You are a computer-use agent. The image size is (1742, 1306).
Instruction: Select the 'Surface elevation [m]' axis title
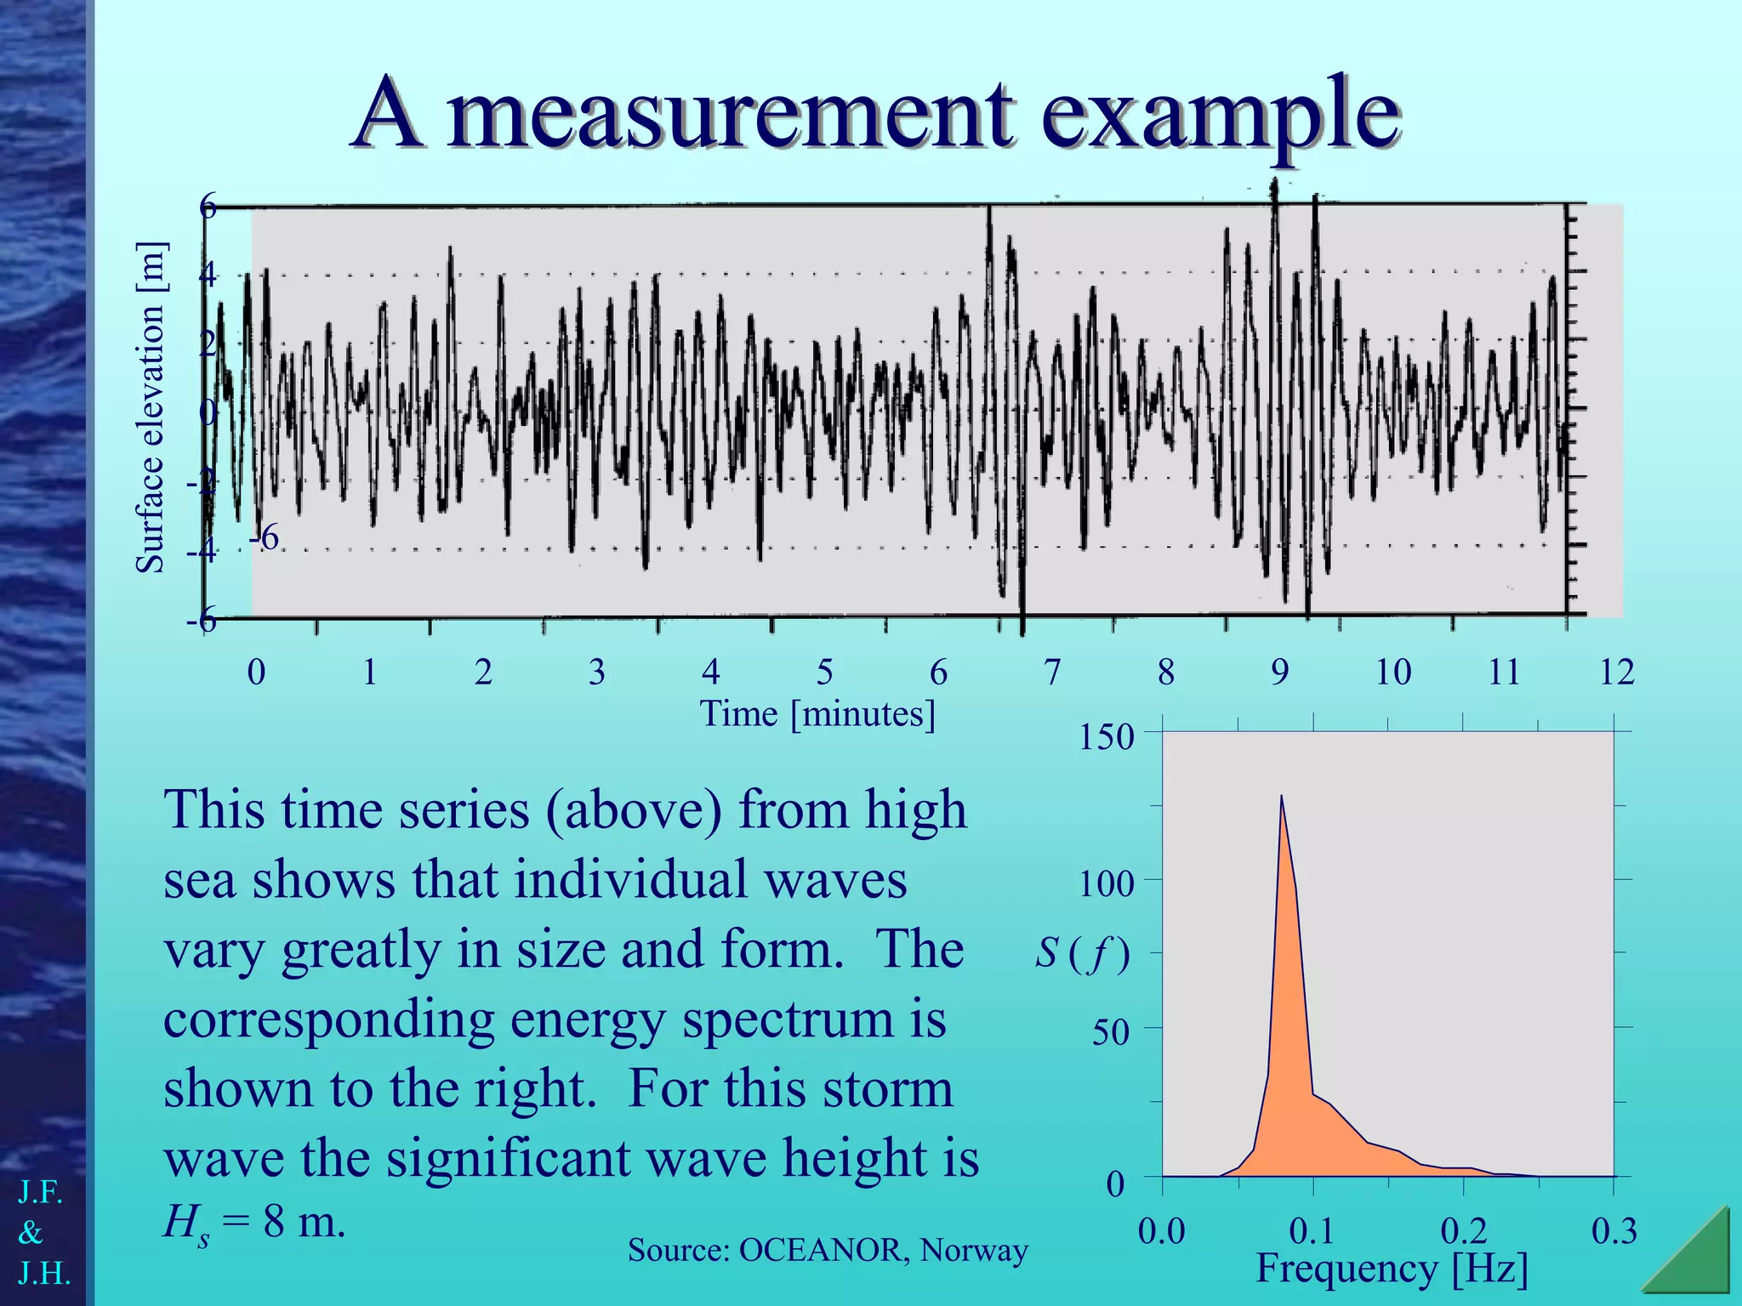pyautogui.click(x=151, y=407)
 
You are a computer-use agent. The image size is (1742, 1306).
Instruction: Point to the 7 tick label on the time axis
pyautogui.click(x=1052, y=673)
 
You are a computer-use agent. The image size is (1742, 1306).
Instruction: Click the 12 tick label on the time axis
pyautogui.click(x=1616, y=673)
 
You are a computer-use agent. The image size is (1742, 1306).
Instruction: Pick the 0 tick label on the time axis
pyautogui.click(x=256, y=673)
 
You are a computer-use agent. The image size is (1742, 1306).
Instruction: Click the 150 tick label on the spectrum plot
pyautogui.click(x=1106, y=737)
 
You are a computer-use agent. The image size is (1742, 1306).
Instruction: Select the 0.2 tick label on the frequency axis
pyautogui.click(x=1464, y=1231)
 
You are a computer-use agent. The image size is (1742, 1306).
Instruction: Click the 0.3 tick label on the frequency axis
pyautogui.click(x=1614, y=1231)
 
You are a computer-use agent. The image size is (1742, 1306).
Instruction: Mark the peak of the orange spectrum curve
pyautogui.click(x=1281, y=797)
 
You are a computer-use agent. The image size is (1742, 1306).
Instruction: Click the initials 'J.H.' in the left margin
pyautogui.click(x=44, y=1273)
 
